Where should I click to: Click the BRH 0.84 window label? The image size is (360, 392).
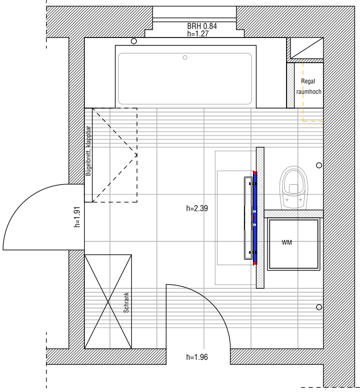tap(202, 26)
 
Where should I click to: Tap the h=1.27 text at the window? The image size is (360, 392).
tap(198, 34)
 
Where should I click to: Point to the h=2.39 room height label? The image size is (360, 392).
tap(197, 208)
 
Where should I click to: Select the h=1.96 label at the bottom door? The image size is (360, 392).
tap(197, 357)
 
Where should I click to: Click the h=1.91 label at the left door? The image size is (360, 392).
tap(77, 217)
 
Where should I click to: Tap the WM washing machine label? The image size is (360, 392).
tap(287, 242)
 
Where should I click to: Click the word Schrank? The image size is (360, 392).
tap(126, 303)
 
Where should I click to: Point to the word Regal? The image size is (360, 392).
tap(308, 81)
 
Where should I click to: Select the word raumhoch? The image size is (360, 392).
tap(309, 92)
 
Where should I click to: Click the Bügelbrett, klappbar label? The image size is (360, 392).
tap(88, 151)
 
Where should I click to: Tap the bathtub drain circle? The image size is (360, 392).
tap(185, 58)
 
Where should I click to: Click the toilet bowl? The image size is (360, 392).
tap(293, 188)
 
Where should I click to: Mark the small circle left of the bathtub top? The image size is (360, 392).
tap(134, 41)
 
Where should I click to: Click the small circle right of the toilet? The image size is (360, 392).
tap(319, 165)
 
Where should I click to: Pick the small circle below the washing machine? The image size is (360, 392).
tap(319, 307)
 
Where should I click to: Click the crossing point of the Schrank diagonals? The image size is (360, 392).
tap(108, 302)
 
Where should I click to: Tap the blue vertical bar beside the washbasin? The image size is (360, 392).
tap(255, 218)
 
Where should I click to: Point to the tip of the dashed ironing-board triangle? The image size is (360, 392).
tap(137, 155)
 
